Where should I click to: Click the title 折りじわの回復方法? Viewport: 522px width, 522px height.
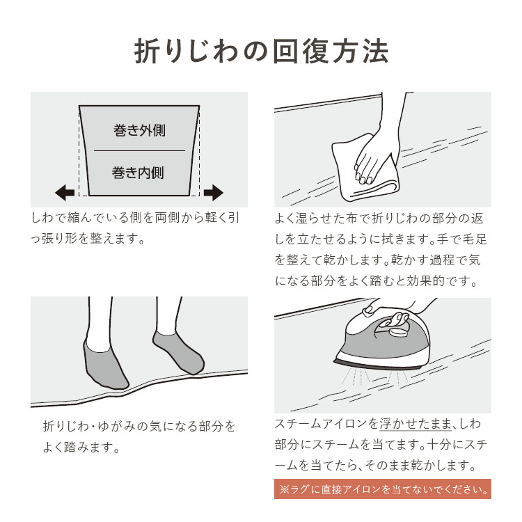261,52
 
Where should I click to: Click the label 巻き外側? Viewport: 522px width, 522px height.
139,130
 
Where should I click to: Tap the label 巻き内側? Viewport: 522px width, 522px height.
138,173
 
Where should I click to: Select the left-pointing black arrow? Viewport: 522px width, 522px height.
65,192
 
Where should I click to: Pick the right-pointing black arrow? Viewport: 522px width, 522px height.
214,192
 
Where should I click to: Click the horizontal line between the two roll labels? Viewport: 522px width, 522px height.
139,151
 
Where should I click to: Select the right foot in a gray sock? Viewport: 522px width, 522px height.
178,352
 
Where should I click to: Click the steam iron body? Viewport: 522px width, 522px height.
383,343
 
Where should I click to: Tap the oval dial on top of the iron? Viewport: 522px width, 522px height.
398,332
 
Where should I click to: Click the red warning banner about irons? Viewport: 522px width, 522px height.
383,489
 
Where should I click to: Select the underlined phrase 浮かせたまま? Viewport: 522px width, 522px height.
416,424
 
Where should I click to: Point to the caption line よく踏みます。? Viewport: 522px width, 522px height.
81,447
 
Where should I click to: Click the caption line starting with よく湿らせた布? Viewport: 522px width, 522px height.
379,218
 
